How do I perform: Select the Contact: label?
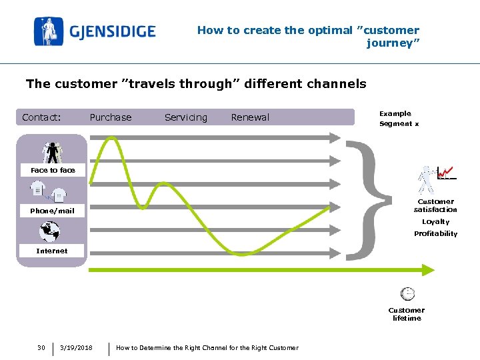41,117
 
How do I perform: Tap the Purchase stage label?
111,117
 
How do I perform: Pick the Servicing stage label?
185,117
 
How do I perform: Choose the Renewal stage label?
250,117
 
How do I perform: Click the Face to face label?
53,170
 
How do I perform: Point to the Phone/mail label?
52,211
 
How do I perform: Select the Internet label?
52,251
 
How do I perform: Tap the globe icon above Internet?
50,232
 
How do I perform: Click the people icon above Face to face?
52,152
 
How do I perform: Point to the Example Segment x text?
399,119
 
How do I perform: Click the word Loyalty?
435,221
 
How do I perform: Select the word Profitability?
435,233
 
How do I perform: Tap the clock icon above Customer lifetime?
407,293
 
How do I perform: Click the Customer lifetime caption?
407,314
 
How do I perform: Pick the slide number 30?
41,347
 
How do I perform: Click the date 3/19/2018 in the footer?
76,347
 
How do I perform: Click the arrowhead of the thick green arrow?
429,270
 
